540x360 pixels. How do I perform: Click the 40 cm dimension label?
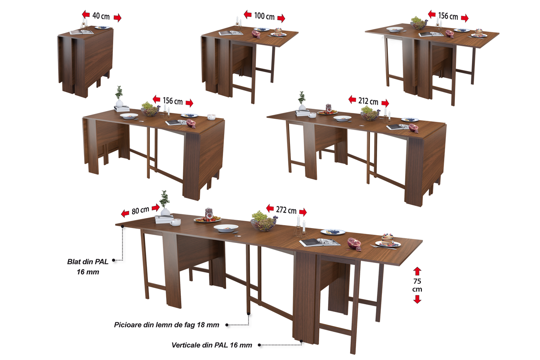tap(101, 16)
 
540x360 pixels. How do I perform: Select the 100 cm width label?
tap(264, 16)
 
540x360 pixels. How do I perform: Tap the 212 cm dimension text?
tap(368, 101)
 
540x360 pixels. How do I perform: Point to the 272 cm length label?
tap(286, 210)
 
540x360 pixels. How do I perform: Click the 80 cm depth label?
tap(140, 210)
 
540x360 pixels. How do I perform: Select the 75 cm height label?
tap(417, 285)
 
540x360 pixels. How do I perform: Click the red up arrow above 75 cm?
tap(417, 271)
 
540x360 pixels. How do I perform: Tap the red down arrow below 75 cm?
tap(417, 299)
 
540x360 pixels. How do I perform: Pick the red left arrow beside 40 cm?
tap(86, 15)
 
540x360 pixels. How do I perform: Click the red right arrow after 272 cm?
tap(303, 212)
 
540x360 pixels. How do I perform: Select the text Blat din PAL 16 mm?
tap(88, 267)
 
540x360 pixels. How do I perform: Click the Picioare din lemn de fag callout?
tap(167, 325)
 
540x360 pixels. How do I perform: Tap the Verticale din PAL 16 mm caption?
tap(212, 345)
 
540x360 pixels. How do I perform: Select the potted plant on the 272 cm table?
tap(165, 204)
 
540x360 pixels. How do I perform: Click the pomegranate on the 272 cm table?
tap(354, 244)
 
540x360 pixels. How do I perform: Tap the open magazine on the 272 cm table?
tap(320, 242)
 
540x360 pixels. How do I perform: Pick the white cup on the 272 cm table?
tap(175, 222)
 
